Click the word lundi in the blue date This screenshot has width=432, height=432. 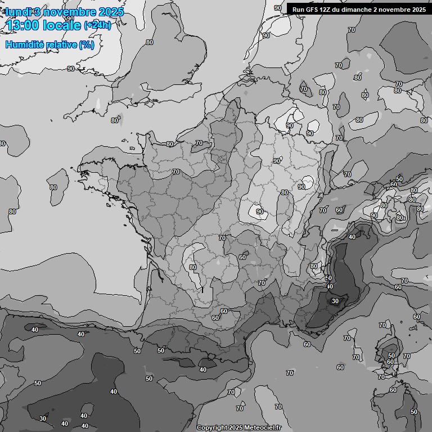tap(17, 12)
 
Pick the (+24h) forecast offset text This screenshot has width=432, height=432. tap(97, 25)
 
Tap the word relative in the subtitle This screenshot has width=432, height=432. tap(61, 44)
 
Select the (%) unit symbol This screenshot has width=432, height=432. tap(87, 44)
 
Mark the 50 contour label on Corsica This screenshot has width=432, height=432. tap(391, 355)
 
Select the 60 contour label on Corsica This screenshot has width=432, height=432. tap(390, 362)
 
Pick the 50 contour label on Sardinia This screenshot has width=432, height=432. tap(414, 412)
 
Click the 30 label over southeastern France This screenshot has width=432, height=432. tap(335, 301)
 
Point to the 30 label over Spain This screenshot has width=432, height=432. tap(43, 418)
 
